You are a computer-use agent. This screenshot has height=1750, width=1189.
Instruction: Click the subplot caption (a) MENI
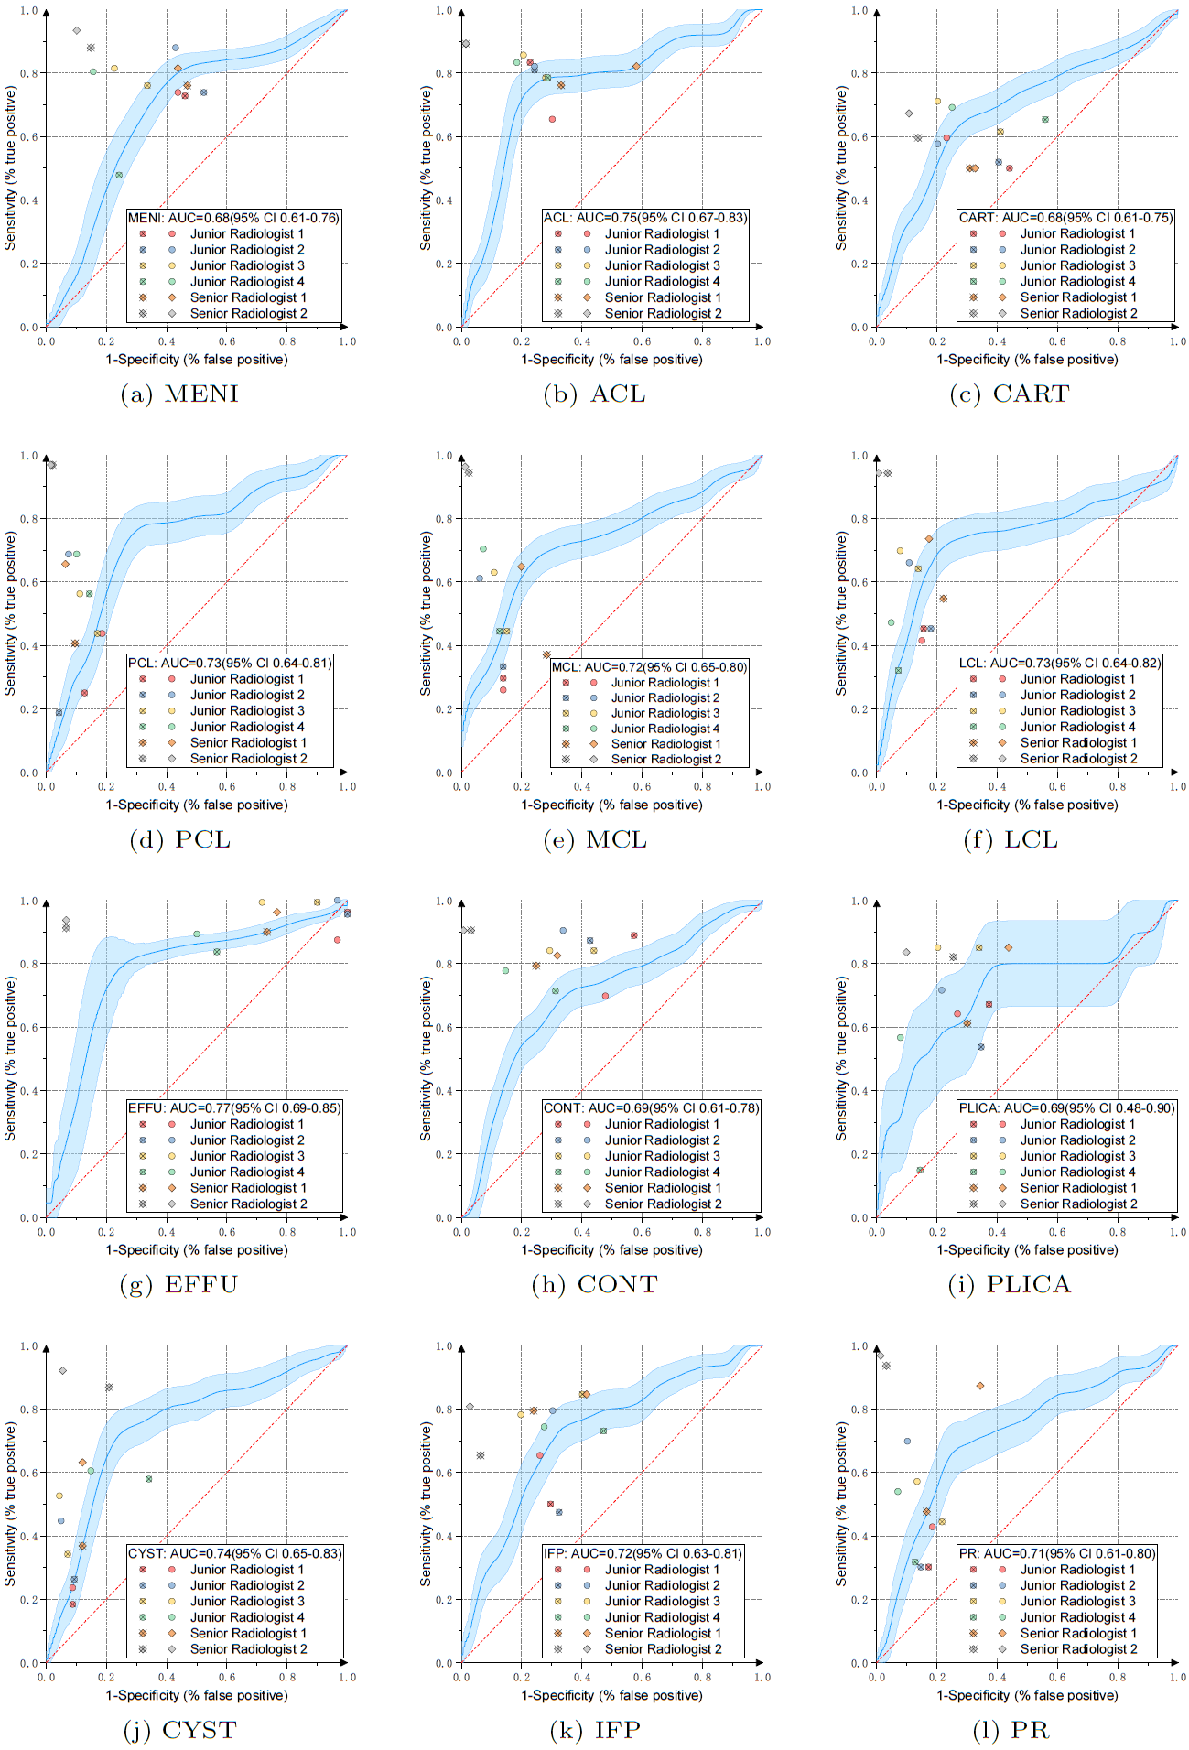pyautogui.click(x=179, y=394)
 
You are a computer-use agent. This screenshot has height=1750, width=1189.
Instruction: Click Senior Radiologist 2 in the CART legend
pyautogui.click(x=1078, y=313)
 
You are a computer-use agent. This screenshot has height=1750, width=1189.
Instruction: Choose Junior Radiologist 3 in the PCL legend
pyautogui.click(x=247, y=711)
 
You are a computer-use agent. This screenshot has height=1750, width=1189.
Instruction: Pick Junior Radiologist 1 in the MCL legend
pyautogui.click(x=665, y=683)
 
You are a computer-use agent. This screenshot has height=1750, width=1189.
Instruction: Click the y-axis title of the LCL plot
pyautogui.click(x=841, y=614)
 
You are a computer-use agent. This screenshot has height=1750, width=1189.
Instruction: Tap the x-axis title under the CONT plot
pyautogui.click(x=611, y=1250)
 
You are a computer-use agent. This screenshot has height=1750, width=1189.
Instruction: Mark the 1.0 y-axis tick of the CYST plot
pyautogui.click(x=29, y=1346)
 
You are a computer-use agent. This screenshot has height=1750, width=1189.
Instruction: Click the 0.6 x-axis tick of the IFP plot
pyautogui.click(x=642, y=1678)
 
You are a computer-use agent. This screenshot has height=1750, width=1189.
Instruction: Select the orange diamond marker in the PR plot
pyautogui.click(x=980, y=1387)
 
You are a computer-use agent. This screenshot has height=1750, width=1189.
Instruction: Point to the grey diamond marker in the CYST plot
pyautogui.click(x=62, y=1371)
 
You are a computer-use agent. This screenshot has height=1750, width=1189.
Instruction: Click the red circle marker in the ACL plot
pyautogui.click(x=552, y=119)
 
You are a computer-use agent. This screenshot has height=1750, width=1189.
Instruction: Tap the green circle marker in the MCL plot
pyautogui.click(x=483, y=549)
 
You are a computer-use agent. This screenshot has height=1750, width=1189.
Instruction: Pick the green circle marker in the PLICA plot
pyautogui.click(x=901, y=1038)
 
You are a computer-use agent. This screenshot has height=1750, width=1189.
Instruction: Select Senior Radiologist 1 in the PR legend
pyautogui.click(x=1078, y=1634)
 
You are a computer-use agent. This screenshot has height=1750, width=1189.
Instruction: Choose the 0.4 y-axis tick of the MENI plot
pyautogui.click(x=29, y=200)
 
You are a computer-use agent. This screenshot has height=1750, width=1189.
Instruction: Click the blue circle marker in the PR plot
pyautogui.click(x=907, y=1442)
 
